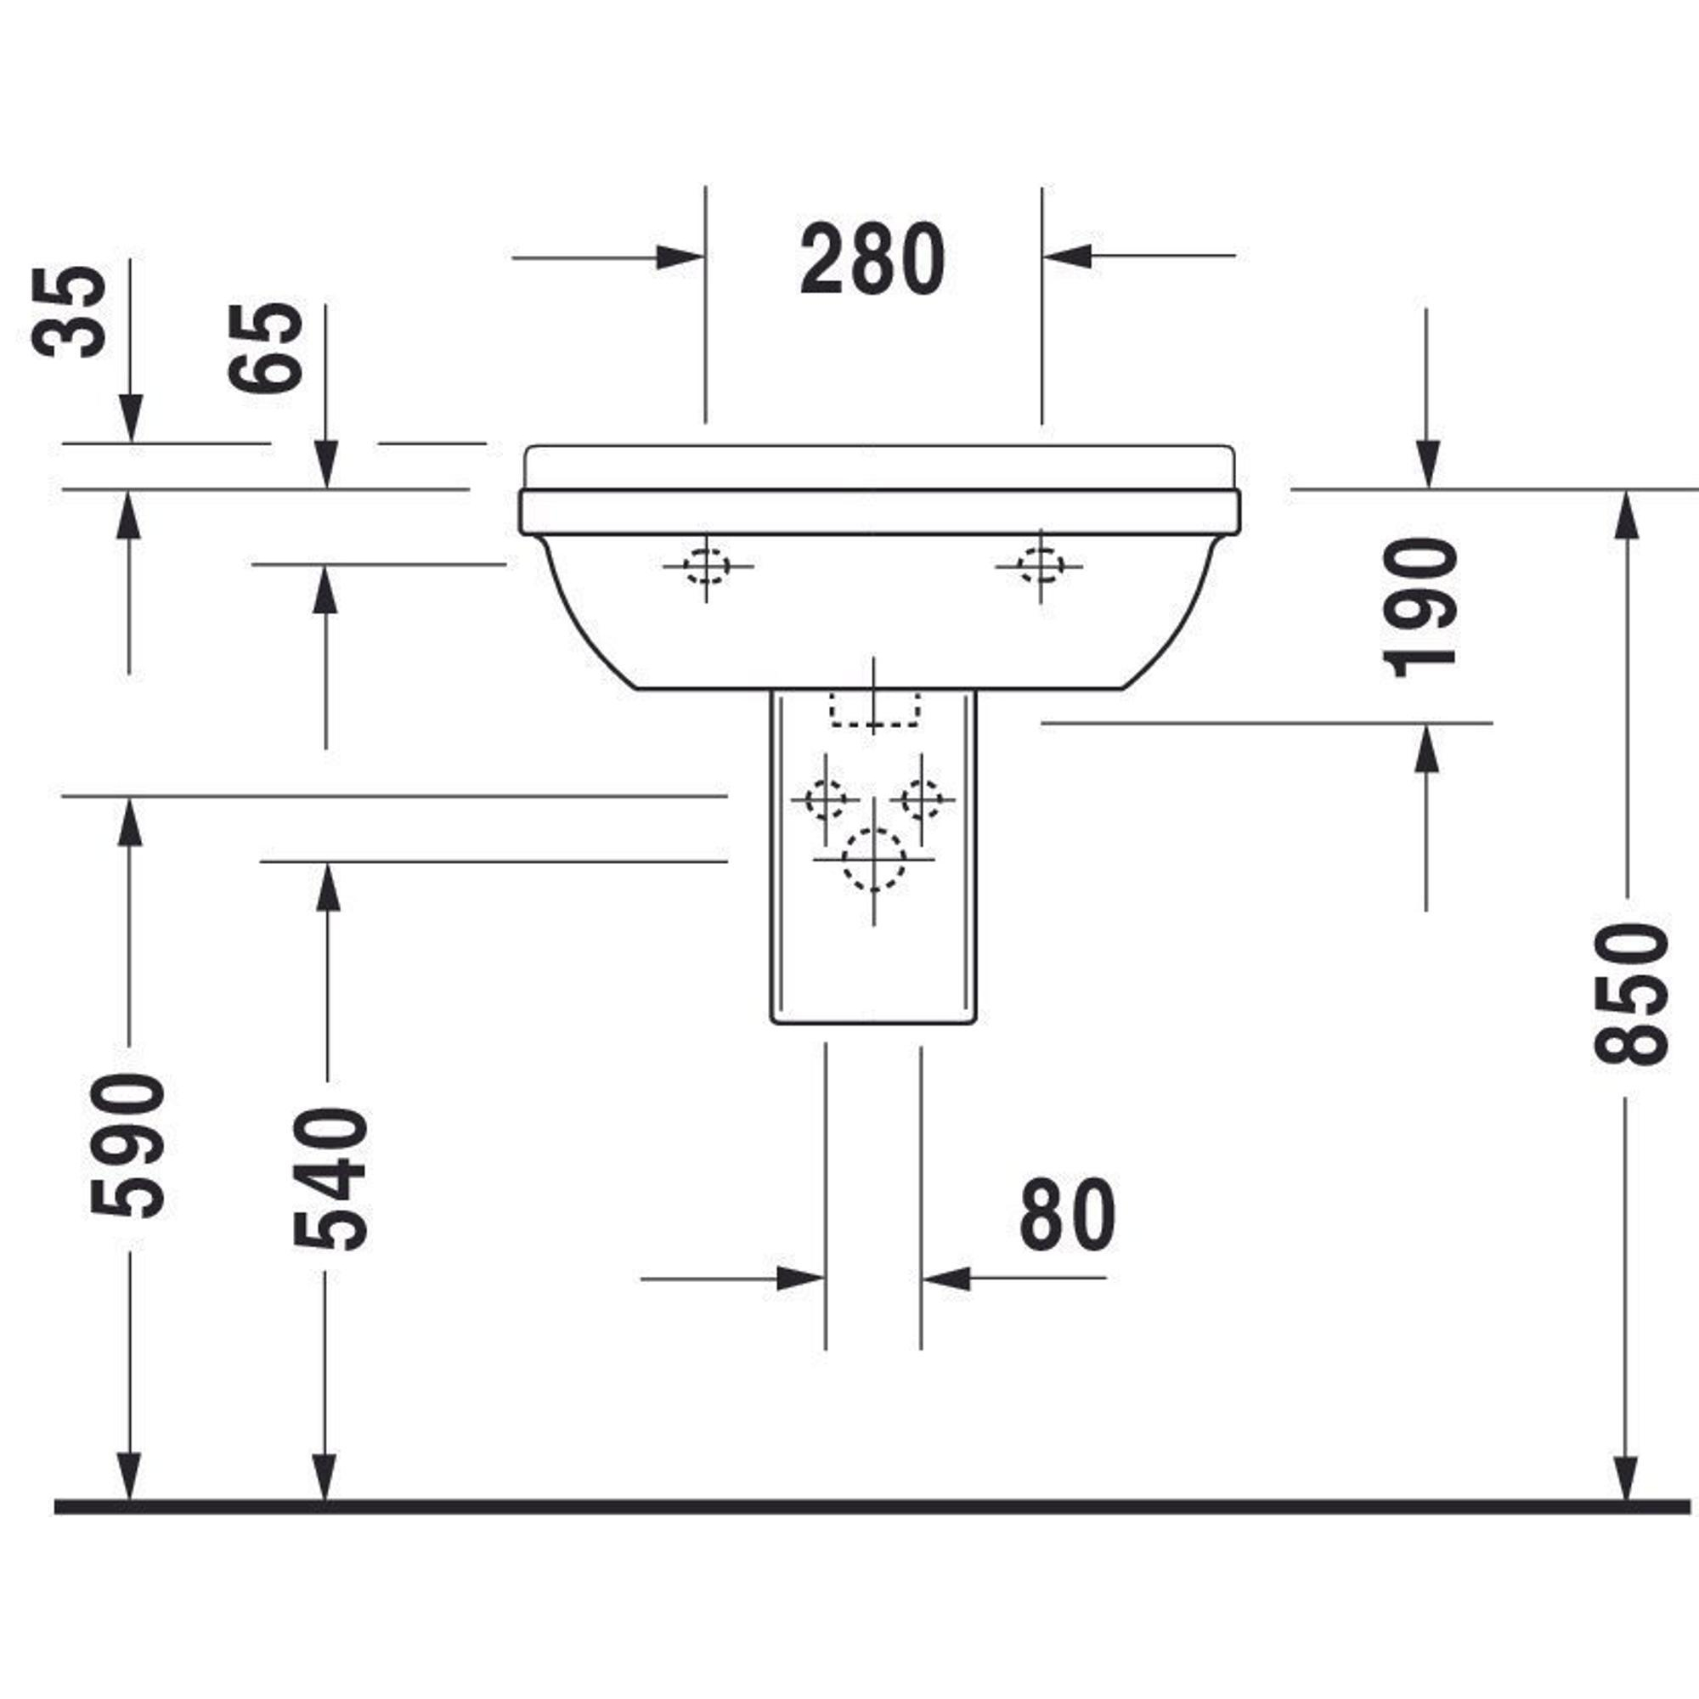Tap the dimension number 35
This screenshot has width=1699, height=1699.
[69, 311]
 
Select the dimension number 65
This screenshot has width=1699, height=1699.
[265, 348]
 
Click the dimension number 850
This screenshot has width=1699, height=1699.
[1631, 994]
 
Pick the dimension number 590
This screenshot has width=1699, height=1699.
[127, 1145]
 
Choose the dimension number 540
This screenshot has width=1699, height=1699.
[330, 1178]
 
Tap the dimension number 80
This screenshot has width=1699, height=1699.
[1068, 1215]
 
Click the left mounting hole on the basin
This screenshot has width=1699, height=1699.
[706, 566]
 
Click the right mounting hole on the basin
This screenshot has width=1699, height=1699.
[1041, 566]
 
